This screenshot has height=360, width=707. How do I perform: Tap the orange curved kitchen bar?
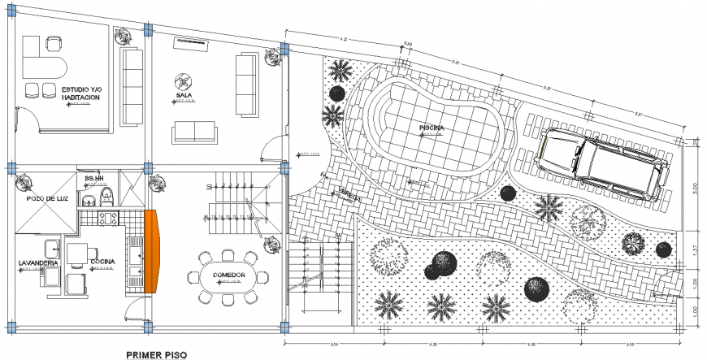pyautogui.click(x=152, y=250)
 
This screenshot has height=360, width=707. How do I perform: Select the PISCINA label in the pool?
pyautogui.click(x=432, y=128)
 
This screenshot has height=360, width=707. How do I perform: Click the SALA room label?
pyautogui.click(x=183, y=95)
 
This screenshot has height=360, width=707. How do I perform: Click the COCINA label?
pyautogui.click(x=102, y=262)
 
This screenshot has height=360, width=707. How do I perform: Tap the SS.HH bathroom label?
pyautogui.click(x=94, y=178)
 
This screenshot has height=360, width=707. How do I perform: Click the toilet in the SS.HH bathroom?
pyautogui.click(x=91, y=197)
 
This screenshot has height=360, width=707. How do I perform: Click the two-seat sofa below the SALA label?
pyautogui.click(x=195, y=131)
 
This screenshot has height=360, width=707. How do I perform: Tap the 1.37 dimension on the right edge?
pyautogui.click(x=695, y=249)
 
